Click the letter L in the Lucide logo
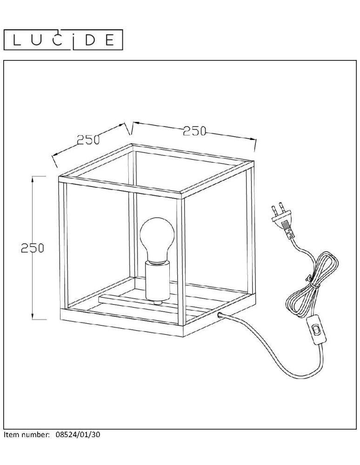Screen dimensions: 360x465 (x=17, y=40)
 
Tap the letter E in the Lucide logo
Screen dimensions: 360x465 (x=110, y=40)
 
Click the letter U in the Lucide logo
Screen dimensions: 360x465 (x=37, y=40)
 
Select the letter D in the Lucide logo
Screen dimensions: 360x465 (x=90, y=40)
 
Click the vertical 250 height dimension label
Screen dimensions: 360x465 (x=32, y=248)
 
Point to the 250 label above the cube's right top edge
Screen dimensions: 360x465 (x=194, y=131)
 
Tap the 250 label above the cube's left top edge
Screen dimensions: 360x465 (x=88, y=139)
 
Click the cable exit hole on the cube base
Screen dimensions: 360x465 (x=220, y=315)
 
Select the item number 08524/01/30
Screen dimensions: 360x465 (x=78, y=435)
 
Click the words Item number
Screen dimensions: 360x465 (x=26, y=435)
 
